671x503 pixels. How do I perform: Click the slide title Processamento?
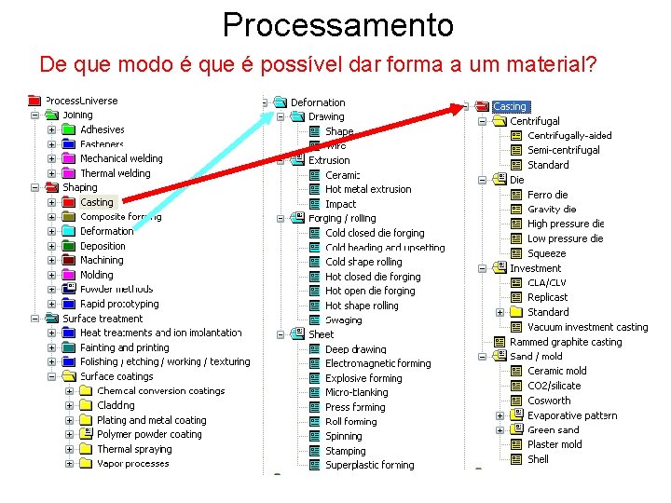click(x=337, y=24)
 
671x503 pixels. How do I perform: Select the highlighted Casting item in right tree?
click(x=510, y=106)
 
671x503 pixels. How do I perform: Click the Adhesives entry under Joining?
click(x=102, y=129)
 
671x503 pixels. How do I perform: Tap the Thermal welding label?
click(x=115, y=173)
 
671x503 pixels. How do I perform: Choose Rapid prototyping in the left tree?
click(x=119, y=304)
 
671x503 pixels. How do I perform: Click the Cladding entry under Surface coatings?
click(x=116, y=405)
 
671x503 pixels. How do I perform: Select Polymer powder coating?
click(x=149, y=434)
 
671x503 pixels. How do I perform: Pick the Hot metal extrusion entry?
click(x=368, y=189)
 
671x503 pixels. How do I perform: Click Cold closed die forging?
click(x=375, y=233)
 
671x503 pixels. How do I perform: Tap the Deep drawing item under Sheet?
click(x=355, y=349)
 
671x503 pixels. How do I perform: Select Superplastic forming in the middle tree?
click(x=370, y=465)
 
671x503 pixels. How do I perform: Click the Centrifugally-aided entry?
click(x=569, y=136)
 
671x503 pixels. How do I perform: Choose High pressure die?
click(x=565, y=224)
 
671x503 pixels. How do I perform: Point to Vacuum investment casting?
click(x=587, y=327)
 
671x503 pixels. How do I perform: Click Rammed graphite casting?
click(x=566, y=342)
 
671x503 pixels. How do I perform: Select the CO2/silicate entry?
click(x=554, y=386)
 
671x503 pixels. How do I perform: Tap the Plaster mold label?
click(x=555, y=444)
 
